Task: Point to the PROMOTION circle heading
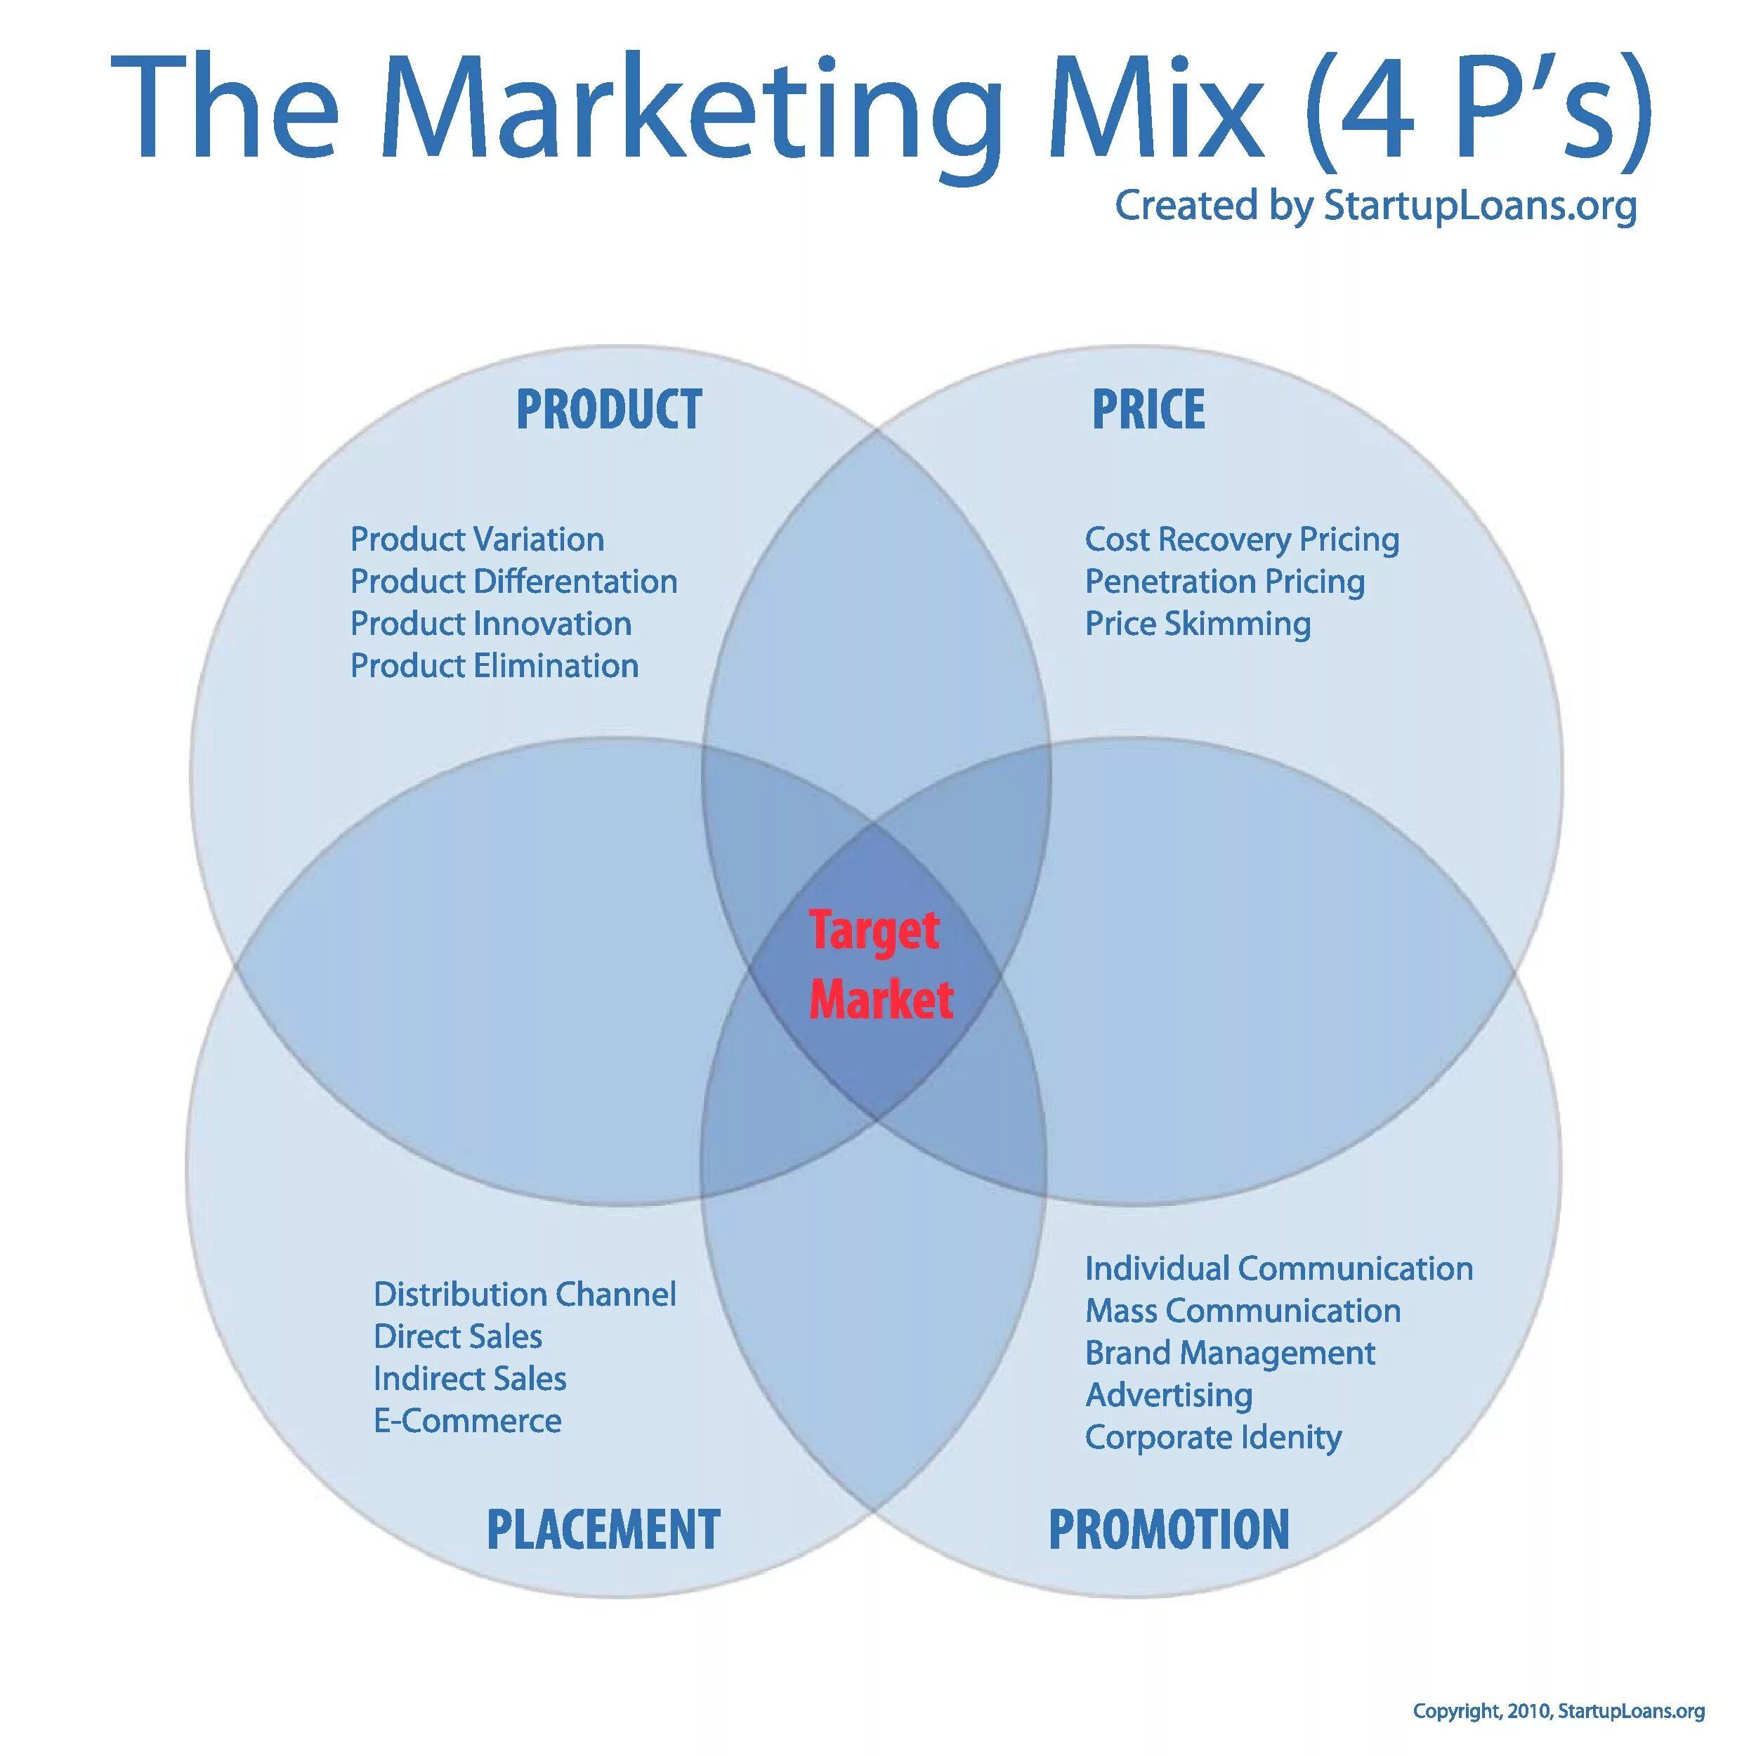click(1169, 1529)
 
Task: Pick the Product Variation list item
click(477, 540)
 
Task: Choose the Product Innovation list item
click(491, 624)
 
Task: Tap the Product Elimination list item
click(494, 666)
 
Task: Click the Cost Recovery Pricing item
click(1242, 540)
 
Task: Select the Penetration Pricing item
click(1224, 582)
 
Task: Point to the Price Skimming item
click(1198, 624)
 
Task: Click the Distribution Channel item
click(525, 1295)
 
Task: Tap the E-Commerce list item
click(467, 1421)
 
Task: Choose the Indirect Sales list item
click(470, 1379)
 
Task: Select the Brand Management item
click(1230, 1354)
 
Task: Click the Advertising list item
click(1169, 1395)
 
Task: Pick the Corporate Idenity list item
click(1213, 1437)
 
